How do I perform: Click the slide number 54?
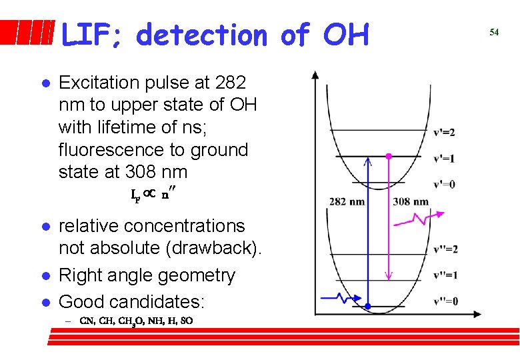click(494, 32)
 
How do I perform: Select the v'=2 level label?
click(444, 132)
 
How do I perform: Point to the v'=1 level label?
click(444, 159)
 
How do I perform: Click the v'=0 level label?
click(444, 184)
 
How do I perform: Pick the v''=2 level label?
click(445, 249)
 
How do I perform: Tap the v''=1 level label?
click(445, 275)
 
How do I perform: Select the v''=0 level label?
click(445, 301)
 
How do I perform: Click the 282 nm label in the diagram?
click(347, 201)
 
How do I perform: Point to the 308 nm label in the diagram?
click(411, 201)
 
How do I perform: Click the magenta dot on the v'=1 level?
click(389, 156)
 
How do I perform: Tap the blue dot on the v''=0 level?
click(367, 306)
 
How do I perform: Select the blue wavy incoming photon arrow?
click(339, 298)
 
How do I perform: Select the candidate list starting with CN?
click(136, 320)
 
